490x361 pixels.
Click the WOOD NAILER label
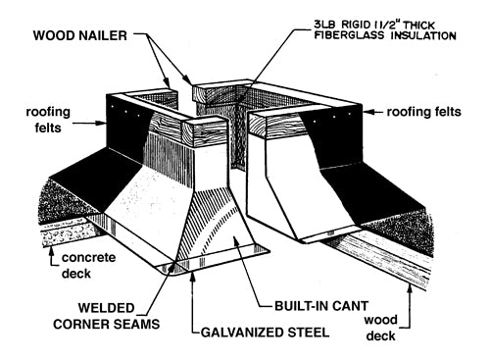click(80, 35)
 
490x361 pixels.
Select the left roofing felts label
click(48, 120)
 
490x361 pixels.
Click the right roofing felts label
click(424, 112)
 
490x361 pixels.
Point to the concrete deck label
click(88, 265)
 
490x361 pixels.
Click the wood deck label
click(381, 328)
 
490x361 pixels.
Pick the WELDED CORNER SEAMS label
click(107, 316)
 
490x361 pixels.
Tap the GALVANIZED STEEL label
click(265, 333)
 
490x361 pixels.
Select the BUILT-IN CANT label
click(321, 306)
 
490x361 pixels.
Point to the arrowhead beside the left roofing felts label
click(102, 124)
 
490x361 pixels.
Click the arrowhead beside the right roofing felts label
click(368, 112)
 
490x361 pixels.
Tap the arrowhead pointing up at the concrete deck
click(51, 251)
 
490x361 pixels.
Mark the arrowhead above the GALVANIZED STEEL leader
click(193, 276)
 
